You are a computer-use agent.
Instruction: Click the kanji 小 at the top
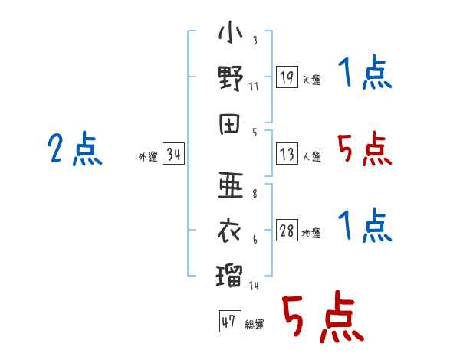[x=230, y=34]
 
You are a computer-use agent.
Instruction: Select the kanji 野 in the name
[x=230, y=79]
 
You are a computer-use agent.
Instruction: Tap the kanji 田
[x=230, y=126]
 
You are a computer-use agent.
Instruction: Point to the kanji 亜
[x=230, y=184]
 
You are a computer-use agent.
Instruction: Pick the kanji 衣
[x=230, y=228]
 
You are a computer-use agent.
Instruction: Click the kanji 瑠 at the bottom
[x=230, y=272]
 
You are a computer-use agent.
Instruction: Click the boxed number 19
[x=287, y=77]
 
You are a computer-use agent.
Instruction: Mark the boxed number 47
[x=228, y=322]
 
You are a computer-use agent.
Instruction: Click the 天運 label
[x=312, y=80]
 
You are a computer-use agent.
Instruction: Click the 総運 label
[x=255, y=324]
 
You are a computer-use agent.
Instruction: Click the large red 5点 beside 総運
[x=322, y=318]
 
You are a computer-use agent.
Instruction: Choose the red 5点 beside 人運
[x=364, y=149]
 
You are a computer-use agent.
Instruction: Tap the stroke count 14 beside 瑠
[x=254, y=285]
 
